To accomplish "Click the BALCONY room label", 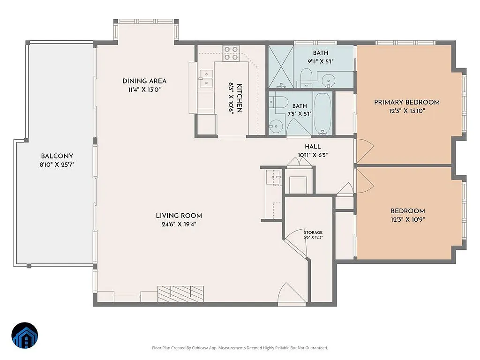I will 57,156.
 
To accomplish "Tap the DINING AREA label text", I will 144,81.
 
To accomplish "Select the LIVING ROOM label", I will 179,216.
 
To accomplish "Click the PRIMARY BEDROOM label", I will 406,102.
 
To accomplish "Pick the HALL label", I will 312,147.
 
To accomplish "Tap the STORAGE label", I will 313,232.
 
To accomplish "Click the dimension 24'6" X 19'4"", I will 179,224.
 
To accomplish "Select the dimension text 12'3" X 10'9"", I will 407,219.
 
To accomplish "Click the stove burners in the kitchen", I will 231,53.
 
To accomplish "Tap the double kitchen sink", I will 206,78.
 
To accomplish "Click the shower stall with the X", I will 281,67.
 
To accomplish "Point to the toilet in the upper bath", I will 305,76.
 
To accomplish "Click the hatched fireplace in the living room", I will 180,292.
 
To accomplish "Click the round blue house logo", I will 25,335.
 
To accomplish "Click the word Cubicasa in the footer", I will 205,348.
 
